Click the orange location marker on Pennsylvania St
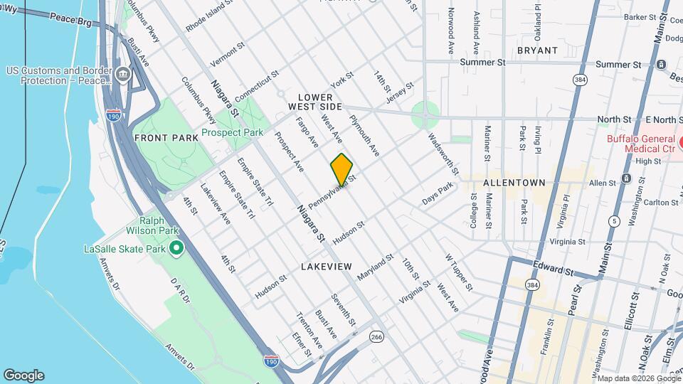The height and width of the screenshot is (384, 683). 341,169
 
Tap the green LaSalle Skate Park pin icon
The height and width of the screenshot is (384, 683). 176,249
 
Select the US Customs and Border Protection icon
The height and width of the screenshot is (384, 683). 123,73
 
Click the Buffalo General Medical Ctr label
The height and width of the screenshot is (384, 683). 640,144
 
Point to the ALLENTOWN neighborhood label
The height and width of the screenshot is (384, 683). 514,183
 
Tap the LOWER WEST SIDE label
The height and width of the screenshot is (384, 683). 315,102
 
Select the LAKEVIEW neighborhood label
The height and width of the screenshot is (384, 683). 326,266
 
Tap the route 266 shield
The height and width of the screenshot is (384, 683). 376,336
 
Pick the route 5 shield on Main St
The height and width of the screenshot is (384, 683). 613,221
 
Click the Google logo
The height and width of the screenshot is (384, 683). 23,375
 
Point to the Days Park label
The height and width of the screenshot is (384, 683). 437,193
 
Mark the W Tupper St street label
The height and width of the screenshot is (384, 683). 458,272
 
